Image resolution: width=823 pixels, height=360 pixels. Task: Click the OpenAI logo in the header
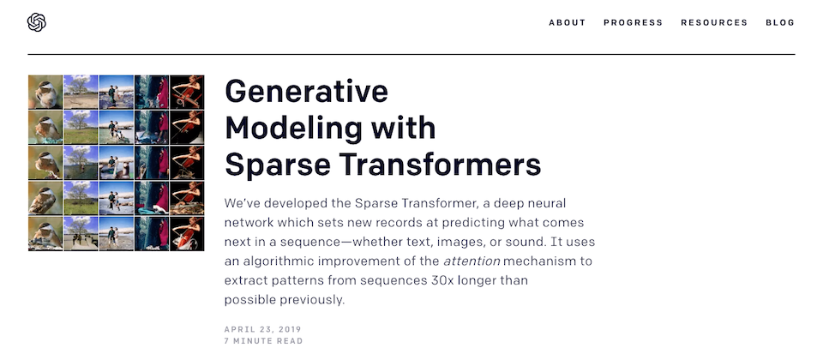click(37, 22)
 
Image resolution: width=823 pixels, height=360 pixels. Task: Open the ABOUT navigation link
click(567, 22)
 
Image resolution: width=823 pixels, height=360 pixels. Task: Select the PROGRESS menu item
click(633, 22)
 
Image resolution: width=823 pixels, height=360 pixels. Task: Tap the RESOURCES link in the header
click(714, 22)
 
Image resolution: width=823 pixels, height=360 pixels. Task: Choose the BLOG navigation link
click(780, 22)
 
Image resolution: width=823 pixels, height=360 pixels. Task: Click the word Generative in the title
click(307, 91)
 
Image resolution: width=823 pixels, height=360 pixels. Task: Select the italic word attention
click(472, 261)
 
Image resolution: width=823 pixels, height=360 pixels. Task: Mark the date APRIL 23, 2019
click(263, 329)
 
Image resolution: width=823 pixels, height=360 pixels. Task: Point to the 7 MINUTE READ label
click(263, 341)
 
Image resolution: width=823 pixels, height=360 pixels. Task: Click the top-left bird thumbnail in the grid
click(45, 93)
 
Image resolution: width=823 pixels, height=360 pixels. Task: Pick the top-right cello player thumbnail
click(187, 93)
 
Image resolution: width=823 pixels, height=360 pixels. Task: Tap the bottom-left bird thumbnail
click(45, 234)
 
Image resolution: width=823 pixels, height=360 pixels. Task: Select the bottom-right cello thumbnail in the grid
click(187, 234)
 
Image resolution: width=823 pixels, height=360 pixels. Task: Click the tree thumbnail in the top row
click(81, 93)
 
